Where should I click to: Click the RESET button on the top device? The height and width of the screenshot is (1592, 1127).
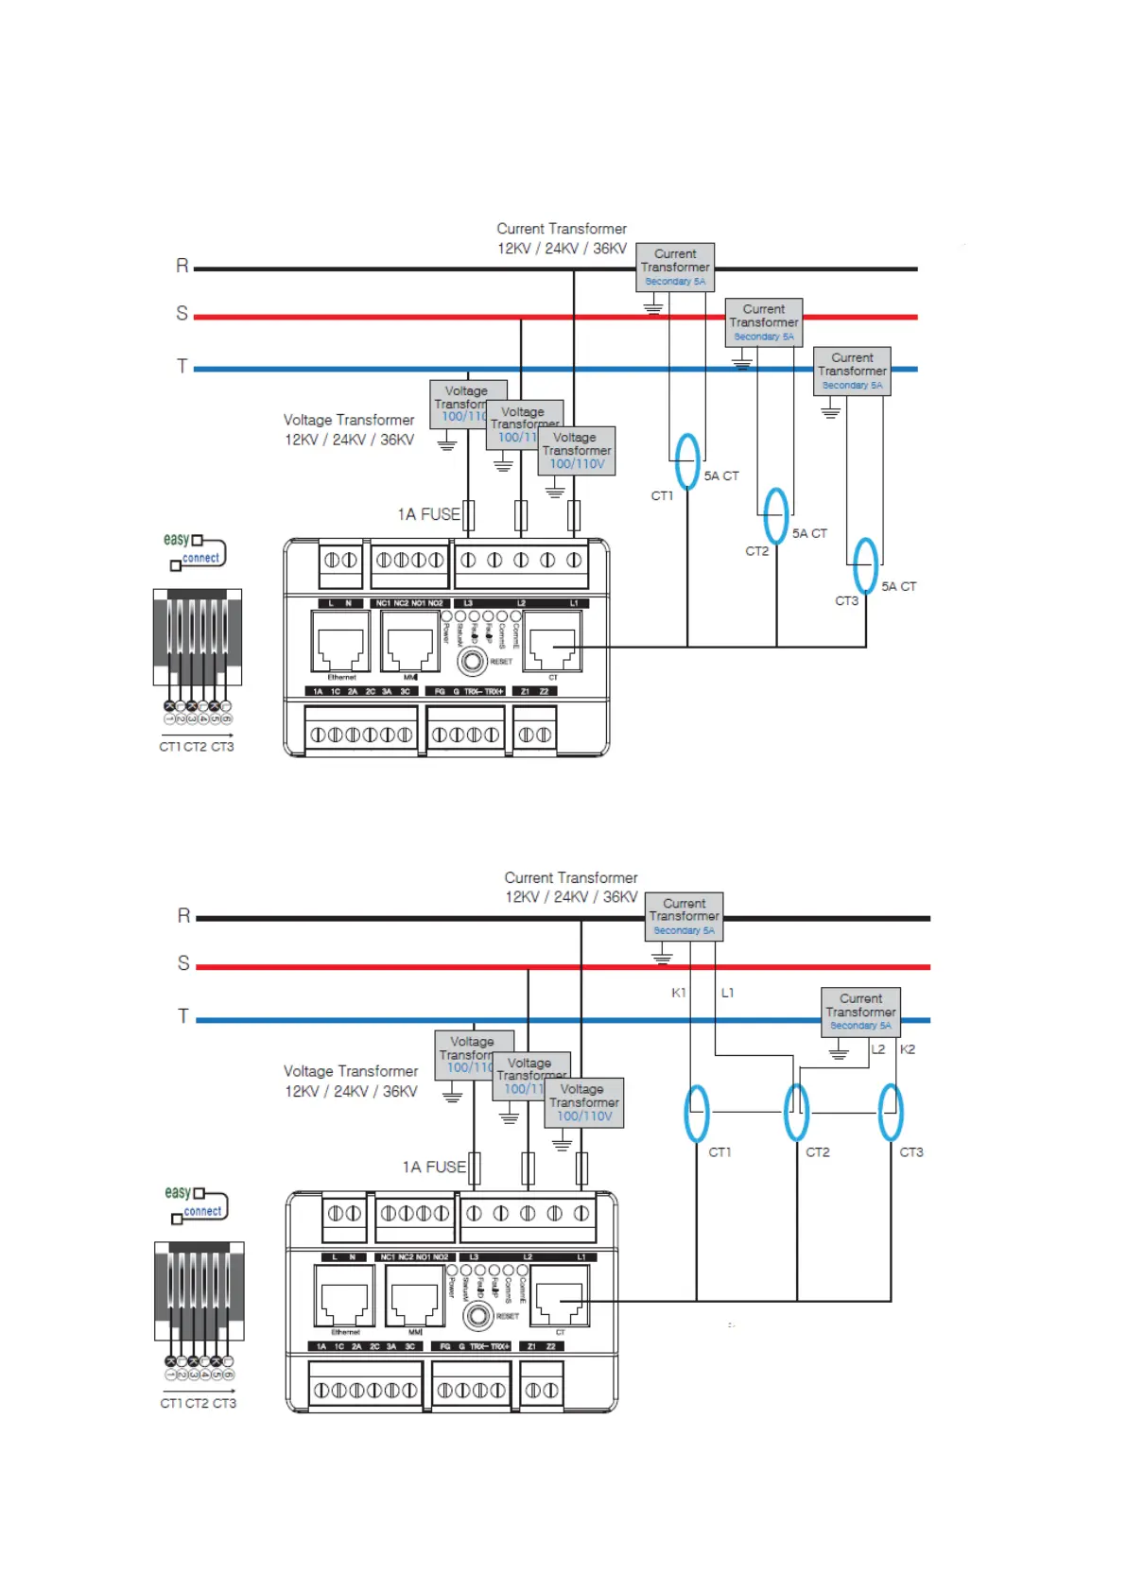click(471, 662)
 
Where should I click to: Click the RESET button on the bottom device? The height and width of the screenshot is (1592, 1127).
click(478, 1316)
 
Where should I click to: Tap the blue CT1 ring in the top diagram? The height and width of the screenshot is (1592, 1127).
click(687, 461)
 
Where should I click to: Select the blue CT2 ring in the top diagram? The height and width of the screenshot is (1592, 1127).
click(776, 515)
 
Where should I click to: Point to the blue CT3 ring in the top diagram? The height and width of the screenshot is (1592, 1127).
click(865, 565)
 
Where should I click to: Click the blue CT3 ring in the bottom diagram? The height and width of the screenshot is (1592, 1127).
click(891, 1112)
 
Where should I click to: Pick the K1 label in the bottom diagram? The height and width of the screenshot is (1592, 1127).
click(679, 993)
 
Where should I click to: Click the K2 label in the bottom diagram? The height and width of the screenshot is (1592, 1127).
click(908, 1049)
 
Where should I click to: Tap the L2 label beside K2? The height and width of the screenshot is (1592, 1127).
click(878, 1049)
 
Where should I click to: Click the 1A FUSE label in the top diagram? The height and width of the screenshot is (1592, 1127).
click(428, 514)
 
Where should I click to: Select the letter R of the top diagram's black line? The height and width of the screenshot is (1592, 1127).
click(182, 266)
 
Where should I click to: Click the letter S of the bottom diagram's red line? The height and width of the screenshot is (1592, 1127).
click(183, 963)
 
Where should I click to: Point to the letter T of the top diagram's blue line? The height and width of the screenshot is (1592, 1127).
click(182, 366)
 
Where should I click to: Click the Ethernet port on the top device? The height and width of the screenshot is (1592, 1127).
click(340, 642)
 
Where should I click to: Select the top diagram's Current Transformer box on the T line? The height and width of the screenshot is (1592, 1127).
click(852, 371)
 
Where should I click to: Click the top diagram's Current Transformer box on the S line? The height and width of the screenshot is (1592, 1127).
click(764, 321)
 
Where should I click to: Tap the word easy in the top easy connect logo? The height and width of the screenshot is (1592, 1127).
click(177, 539)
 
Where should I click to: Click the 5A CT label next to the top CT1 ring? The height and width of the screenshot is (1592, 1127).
click(721, 476)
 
